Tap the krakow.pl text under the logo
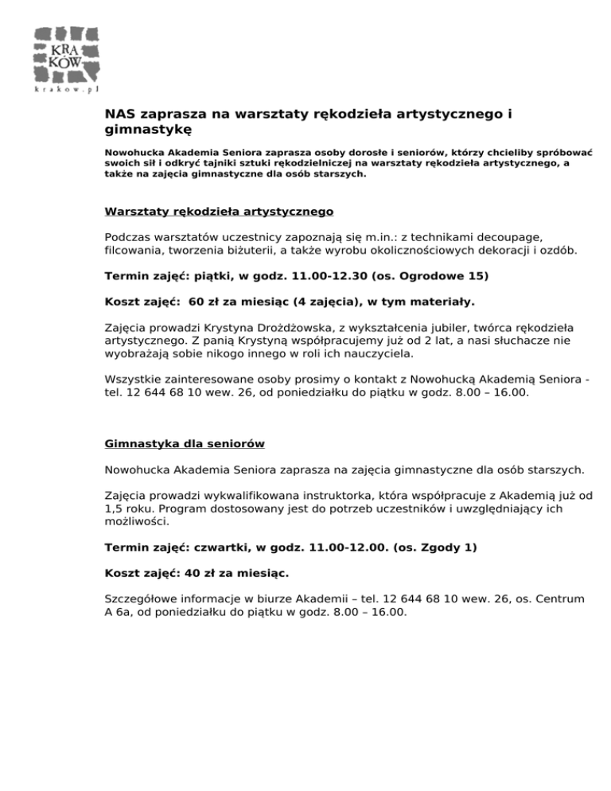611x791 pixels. pyautogui.click(x=67, y=89)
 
